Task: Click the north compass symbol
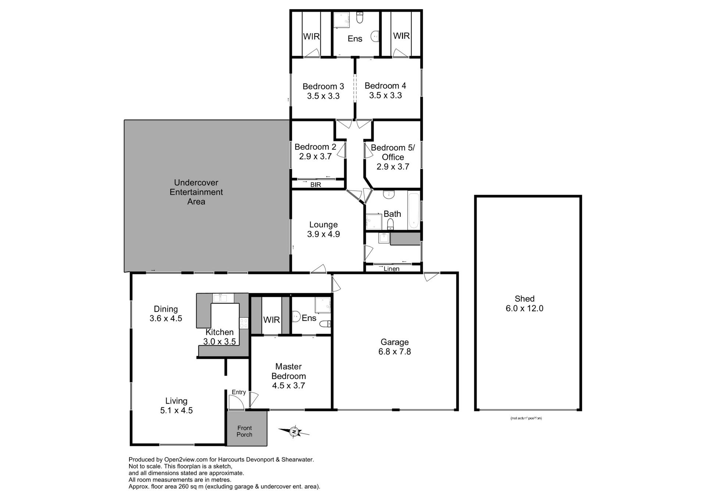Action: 294,432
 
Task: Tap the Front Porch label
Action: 245,431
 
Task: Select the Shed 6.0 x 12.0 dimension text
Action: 524,308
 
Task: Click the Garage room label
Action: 395,342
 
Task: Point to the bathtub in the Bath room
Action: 414,210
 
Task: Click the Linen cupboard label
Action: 391,269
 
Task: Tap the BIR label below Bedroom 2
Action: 315,185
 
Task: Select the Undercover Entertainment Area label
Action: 196,192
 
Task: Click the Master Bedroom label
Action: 289,371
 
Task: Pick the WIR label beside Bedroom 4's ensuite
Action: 401,36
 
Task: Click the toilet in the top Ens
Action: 360,17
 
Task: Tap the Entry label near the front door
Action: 239,392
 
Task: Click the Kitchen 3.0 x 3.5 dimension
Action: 220,341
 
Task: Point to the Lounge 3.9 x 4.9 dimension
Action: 324,234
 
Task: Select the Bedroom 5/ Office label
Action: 393,152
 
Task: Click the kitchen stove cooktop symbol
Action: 244,323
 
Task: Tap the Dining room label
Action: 166,309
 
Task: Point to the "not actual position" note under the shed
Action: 526,418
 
